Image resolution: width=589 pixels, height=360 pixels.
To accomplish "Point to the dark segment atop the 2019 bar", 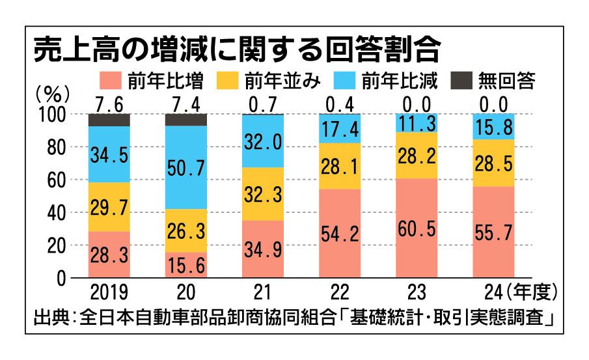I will click(108, 120).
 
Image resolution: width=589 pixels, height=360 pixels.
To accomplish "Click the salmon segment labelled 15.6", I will click(186, 266).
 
